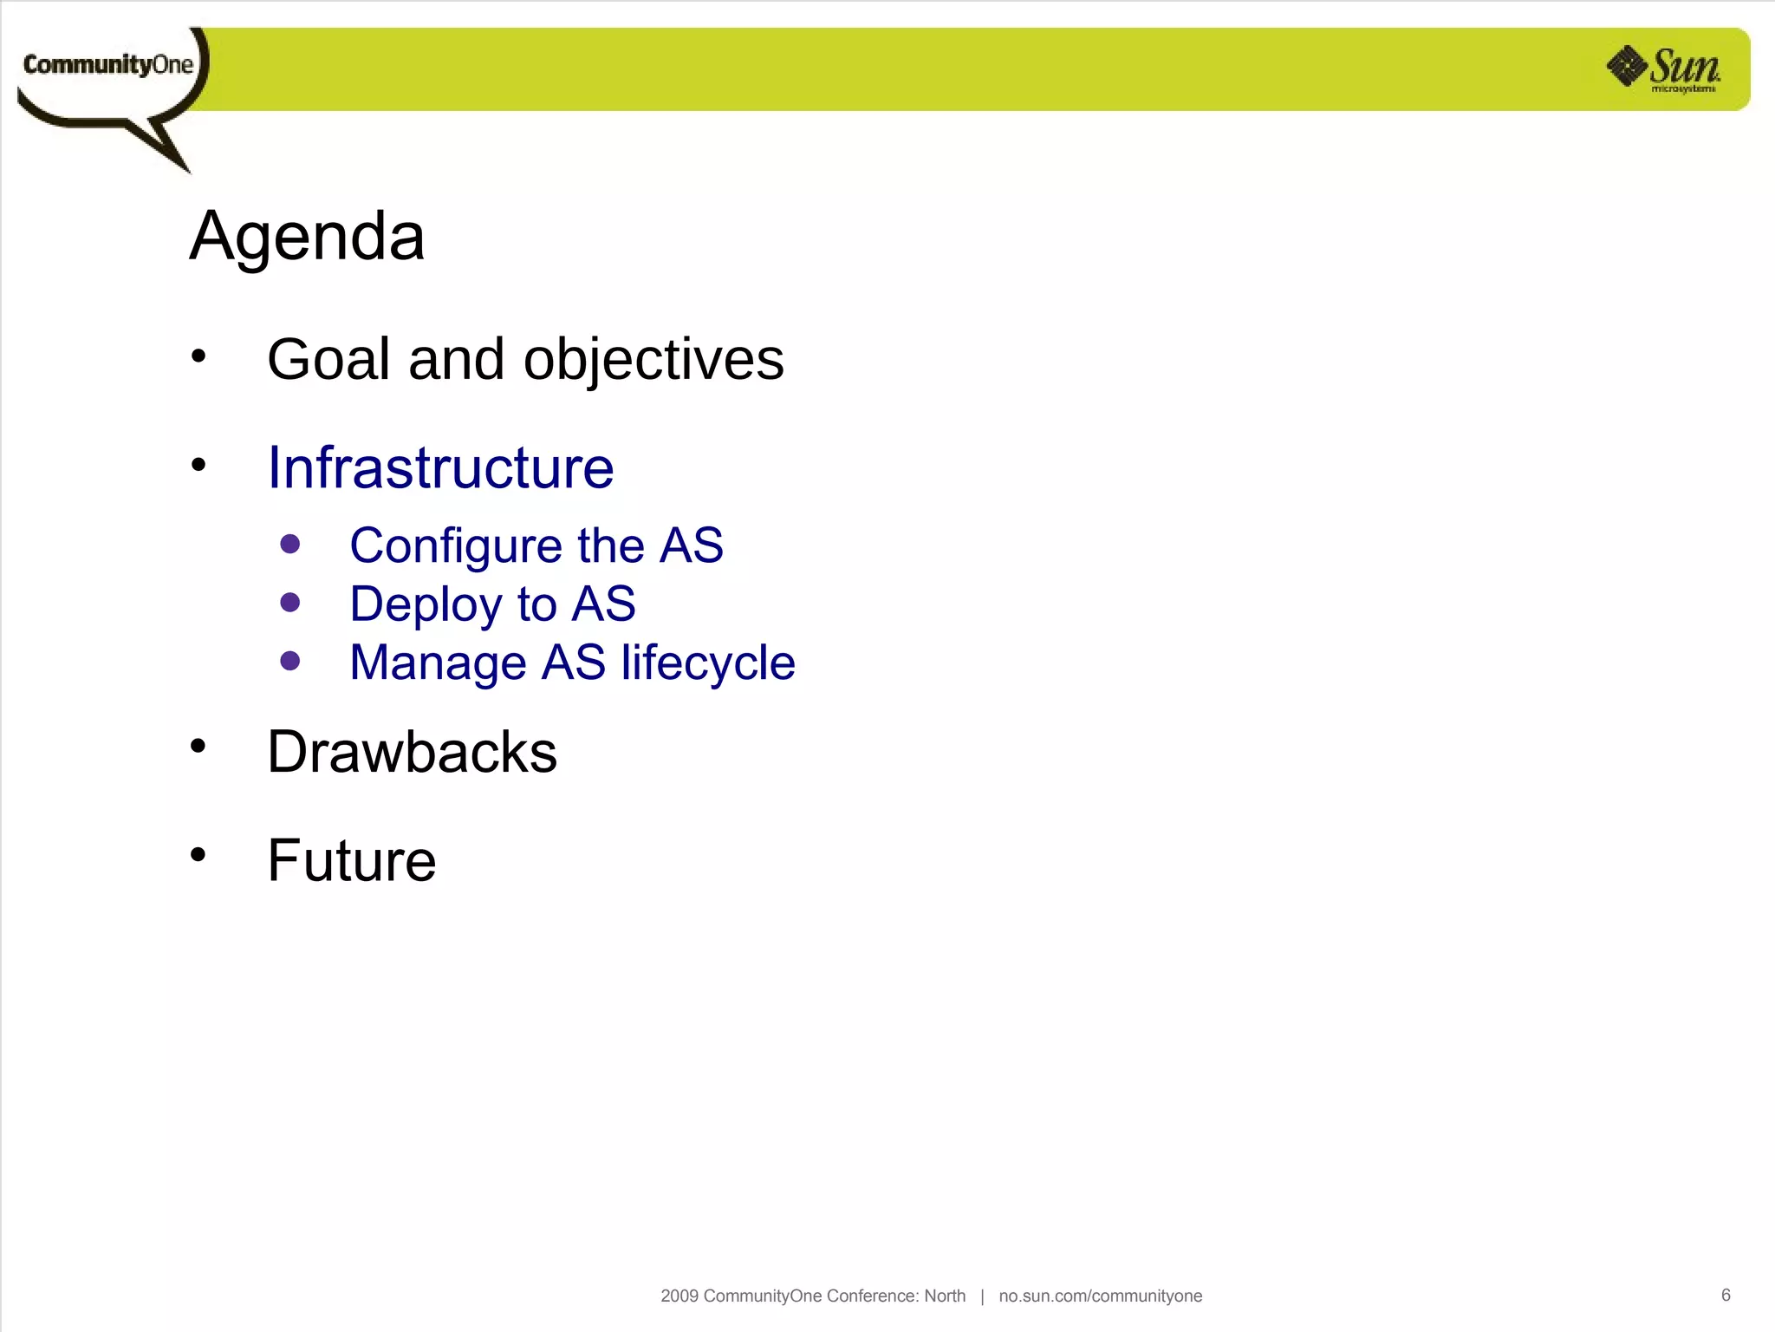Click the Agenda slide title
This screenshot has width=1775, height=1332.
pos(307,236)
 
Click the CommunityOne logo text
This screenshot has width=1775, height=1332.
pos(107,65)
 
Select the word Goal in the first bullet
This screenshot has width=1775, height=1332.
pos(328,359)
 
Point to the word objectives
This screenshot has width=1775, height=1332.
pos(653,361)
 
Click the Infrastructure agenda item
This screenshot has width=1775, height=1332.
pos(440,468)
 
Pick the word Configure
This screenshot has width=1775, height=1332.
pos(456,546)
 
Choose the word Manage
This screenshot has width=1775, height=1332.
pos(438,663)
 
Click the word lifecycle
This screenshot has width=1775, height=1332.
pos(707,663)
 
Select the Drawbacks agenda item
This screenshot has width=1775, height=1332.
pos(412,752)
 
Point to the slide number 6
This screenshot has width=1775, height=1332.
pos(1726,1295)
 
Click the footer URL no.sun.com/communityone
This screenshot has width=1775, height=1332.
pos(1100,1296)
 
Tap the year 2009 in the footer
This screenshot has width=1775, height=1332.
pos(679,1296)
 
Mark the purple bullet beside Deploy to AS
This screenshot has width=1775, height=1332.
pos(290,603)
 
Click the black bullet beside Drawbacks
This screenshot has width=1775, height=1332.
pos(198,746)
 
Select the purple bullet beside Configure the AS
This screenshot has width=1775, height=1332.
pos(290,544)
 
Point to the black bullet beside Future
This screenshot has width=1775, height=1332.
pos(198,854)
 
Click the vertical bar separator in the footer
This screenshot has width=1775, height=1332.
pos(982,1296)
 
